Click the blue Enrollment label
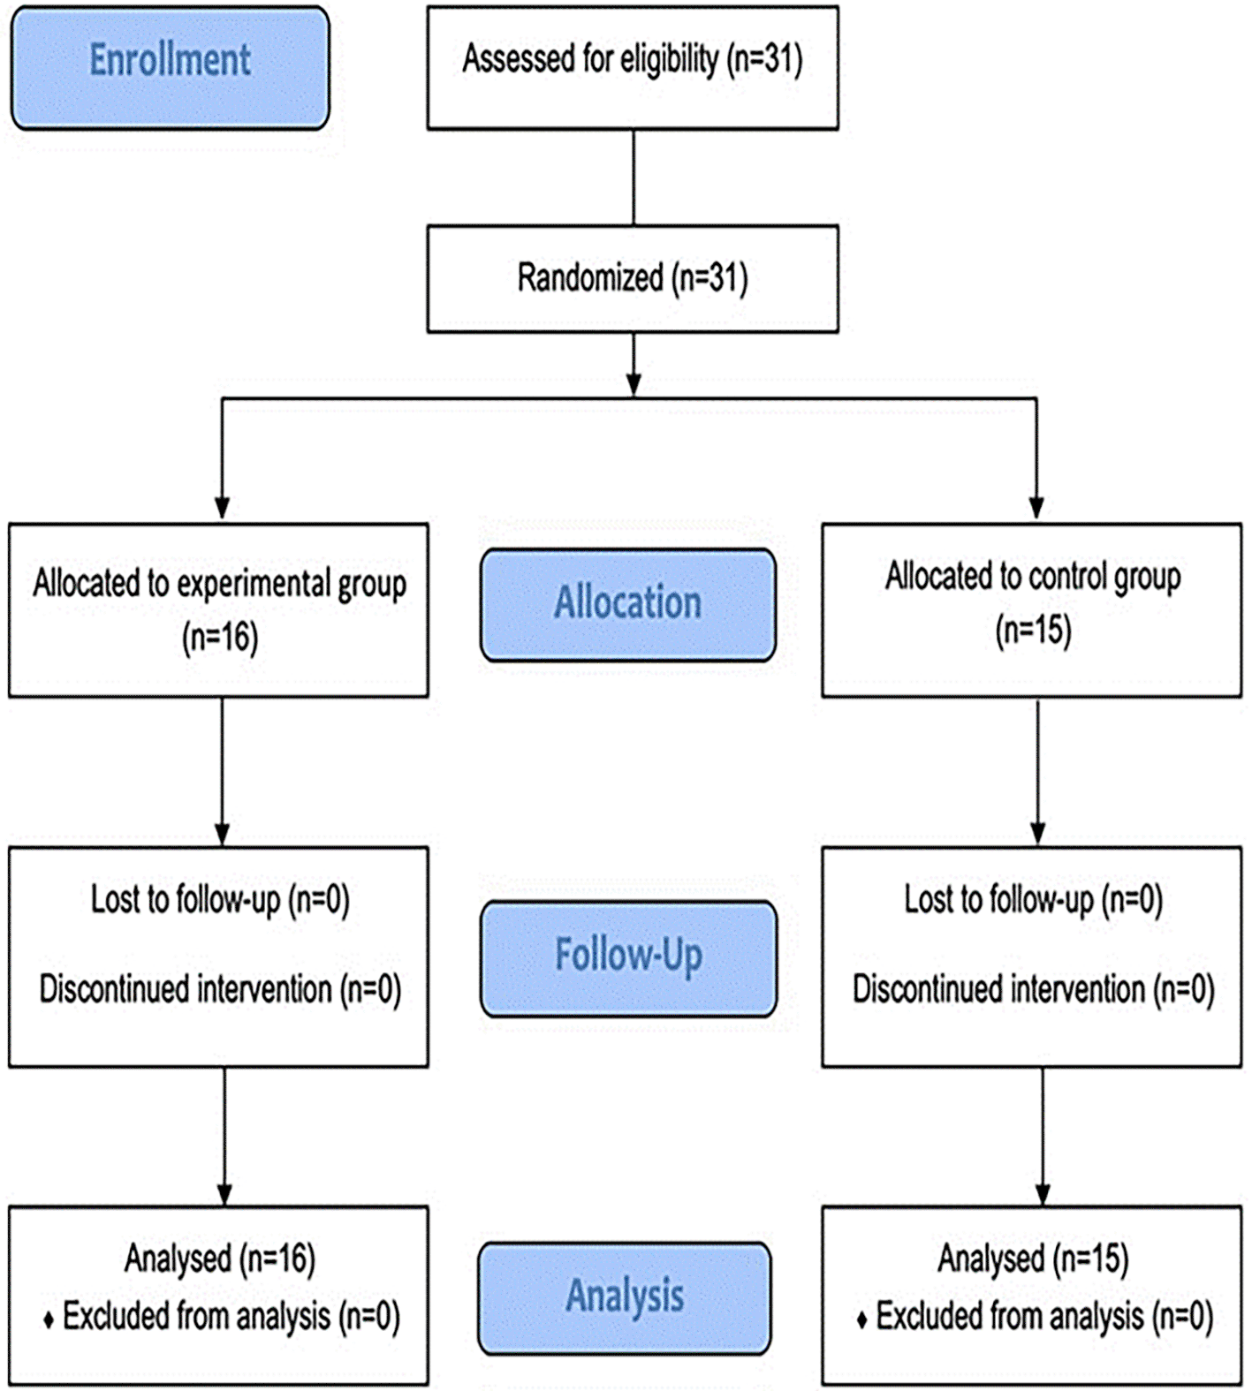tap(171, 68)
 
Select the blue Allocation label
tap(628, 605)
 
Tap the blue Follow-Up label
tap(628, 958)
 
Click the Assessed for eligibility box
tap(633, 68)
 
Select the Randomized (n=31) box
tap(633, 279)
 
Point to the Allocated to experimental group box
tap(219, 610)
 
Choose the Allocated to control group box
tap(1032, 610)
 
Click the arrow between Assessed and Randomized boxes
tap(634, 178)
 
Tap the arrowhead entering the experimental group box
tap(223, 507)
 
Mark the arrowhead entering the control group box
tap(1036, 507)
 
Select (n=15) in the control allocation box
tap(1033, 631)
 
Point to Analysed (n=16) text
tap(220, 1259)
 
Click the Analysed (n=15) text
tap(1033, 1259)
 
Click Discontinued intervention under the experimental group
tap(186, 989)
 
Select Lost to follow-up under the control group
tap(998, 900)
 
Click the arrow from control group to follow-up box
tap(1038, 772)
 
